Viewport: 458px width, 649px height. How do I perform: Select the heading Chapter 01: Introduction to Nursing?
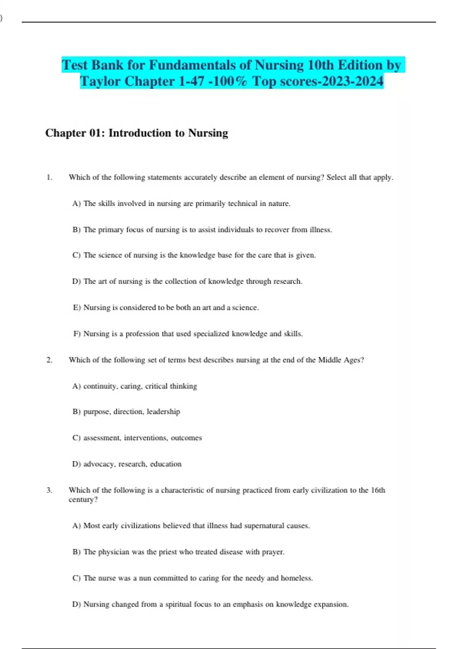click(137, 133)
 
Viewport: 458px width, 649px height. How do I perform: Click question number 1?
click(49, 177)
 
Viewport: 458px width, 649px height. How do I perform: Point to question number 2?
click(49, 360)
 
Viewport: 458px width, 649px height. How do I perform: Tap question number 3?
click(49, 490)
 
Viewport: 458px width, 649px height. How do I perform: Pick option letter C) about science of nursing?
click(76, 255)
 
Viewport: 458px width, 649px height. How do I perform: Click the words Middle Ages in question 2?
click(340, 360)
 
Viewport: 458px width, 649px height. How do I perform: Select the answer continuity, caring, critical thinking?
click(140, 386)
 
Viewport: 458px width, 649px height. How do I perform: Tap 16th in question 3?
click(378, 490)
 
